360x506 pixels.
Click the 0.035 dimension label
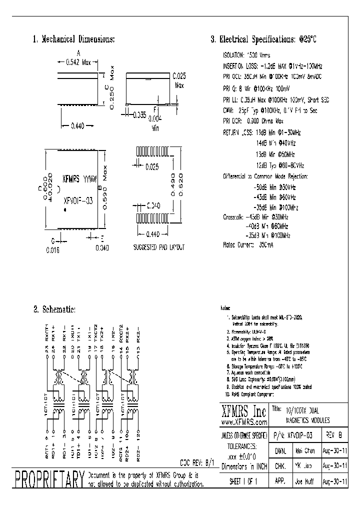tap(139, 114)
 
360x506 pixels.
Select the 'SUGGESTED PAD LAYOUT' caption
tap(159, 247)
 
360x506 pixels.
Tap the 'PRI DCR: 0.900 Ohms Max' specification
tap(253, 121)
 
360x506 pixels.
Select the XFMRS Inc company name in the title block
tap(244, 413)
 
